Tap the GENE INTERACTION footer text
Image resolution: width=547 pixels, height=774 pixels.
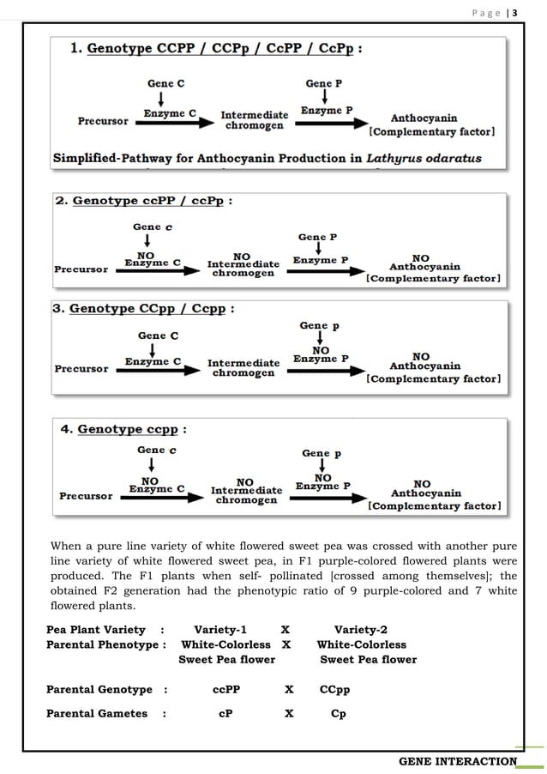pyautogui.click(x=459, y=761)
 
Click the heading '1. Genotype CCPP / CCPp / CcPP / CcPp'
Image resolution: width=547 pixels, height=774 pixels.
pyautogui.click(x=215, y=49)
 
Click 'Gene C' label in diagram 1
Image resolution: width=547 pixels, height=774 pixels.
pyautogui.click(x=166, y=83)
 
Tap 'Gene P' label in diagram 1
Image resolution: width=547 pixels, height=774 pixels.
pyautogui.click(x=325, y=83)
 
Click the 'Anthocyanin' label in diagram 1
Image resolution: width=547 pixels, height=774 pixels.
pyautogui.click(x=424, y=118)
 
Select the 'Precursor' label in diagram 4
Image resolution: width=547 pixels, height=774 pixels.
pyautogui.click(x=86, y=496)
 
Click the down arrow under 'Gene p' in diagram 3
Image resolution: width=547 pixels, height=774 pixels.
pyautogui.click(x=320, y=339)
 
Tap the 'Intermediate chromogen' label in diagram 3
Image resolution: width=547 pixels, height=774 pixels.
pyautogui.click(x=243, y=368)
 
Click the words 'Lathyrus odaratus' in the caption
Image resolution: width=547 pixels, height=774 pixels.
pyautogui.click(x=424, y=159)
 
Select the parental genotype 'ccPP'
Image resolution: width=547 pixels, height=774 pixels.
pyautogui.click(x=225, y=690)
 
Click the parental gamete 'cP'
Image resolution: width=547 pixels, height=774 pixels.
pyautogui.click(x=225, y=714)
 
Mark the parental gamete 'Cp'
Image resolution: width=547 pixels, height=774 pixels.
pyautogui.click(x=338, y=714)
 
